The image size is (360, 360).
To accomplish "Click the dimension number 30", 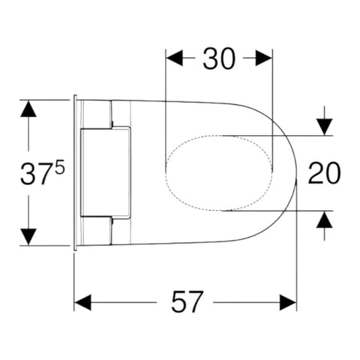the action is pos(219,59).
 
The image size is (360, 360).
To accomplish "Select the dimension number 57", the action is pos(186,302).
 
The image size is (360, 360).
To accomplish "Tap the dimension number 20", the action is pos(324,173).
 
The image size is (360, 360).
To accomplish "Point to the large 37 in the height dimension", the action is pos(37,173).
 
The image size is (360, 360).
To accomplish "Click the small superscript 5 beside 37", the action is pos(60,166).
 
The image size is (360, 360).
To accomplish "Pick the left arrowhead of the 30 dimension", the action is pos(175,58).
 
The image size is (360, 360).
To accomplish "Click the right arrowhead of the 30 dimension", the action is pos(264,58).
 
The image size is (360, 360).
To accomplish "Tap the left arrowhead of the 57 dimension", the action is pos(82,302).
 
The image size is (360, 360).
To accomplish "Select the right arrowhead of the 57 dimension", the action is pos(288,302).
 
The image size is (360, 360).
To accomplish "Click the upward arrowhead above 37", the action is pos(28,109).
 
